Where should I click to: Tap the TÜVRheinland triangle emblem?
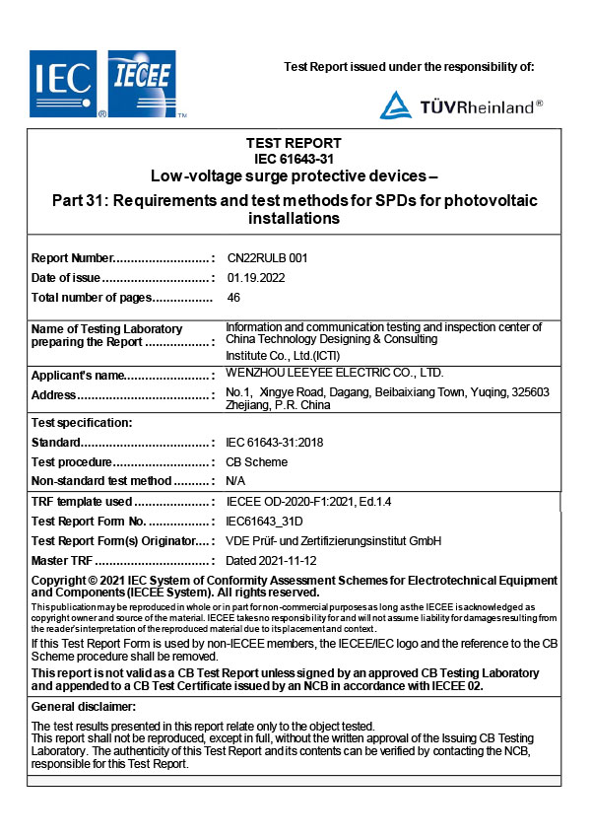point(396,105)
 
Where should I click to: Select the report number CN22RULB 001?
point(267,257)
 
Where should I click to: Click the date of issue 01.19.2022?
point(256,277)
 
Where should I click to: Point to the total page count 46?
point(233,297)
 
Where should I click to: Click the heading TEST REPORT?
point(297,143)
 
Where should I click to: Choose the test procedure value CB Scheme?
point(257,461)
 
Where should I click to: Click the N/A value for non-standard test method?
point(235,481)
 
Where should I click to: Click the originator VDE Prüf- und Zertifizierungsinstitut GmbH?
point(334,541)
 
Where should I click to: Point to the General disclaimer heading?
point(84,707)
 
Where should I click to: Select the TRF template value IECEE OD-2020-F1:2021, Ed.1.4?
point(308,502)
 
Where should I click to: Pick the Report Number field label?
point(74,257)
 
